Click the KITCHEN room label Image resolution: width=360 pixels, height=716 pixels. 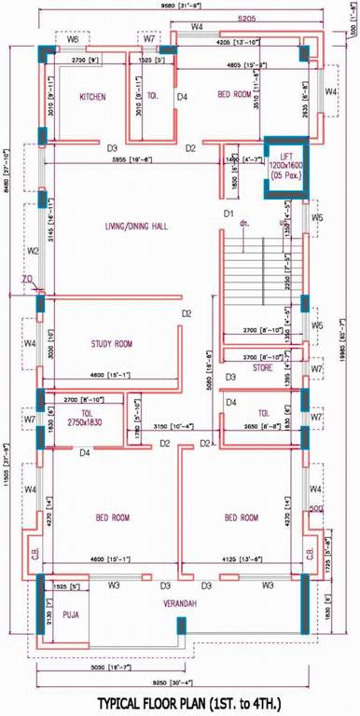point(91,96)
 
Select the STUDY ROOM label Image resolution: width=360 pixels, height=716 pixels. point(111,344)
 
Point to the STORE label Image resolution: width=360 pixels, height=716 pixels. point(262,367)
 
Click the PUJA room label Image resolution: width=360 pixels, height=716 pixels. point(71,615)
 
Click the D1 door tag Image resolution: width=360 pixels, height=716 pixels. point(227,214)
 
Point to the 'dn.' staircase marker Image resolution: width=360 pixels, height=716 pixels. point(244,224)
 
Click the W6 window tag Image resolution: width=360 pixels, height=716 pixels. point(72,41)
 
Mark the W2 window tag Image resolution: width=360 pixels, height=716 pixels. point(32,251)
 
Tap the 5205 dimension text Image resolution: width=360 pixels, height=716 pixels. point(246,18)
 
